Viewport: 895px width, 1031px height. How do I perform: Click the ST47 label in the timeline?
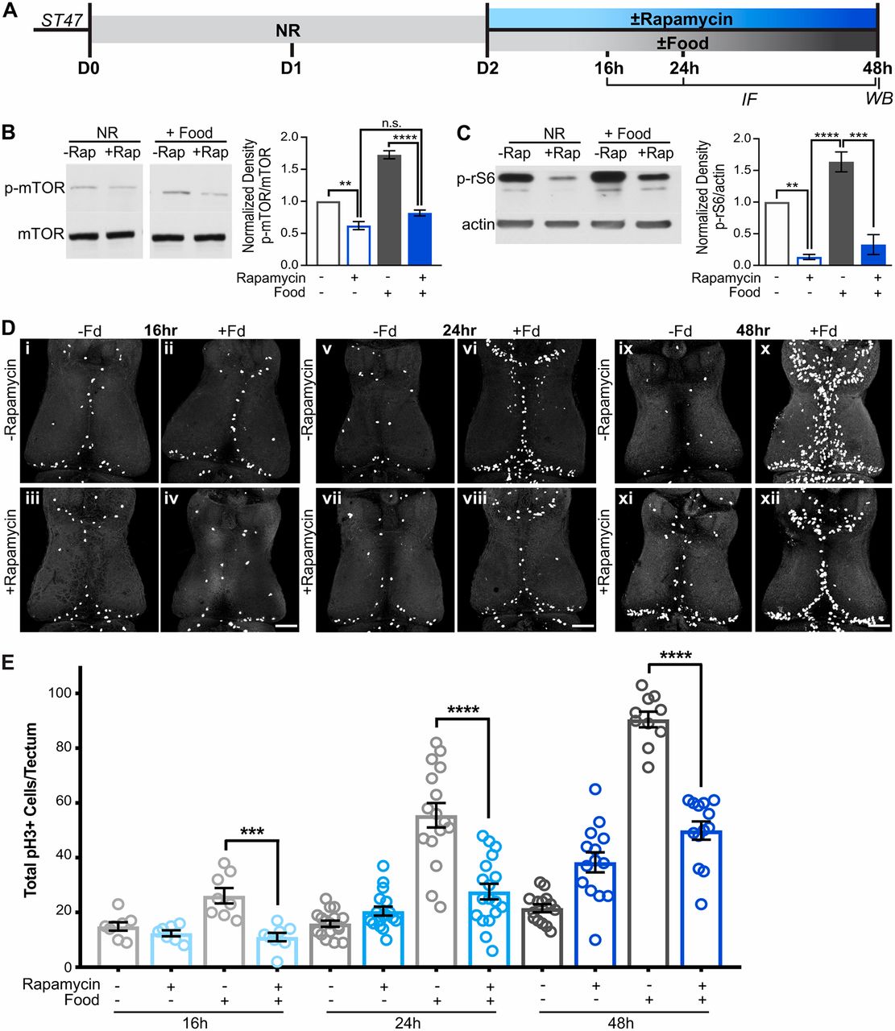click(x=62, y=20)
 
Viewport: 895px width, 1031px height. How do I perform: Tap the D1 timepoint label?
click(x=291, y=68)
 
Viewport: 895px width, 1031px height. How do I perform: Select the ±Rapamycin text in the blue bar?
click(x=682, y=19)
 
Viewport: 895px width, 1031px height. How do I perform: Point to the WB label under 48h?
click(x=878, y=98)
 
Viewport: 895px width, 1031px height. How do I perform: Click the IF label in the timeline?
click(x=749, y=98)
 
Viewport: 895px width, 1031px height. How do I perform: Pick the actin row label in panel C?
click(x=478, y=224)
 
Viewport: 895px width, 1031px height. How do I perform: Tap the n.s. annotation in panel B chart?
click(x=392, y=123)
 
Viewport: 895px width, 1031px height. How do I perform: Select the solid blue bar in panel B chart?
click(x=419, y=238)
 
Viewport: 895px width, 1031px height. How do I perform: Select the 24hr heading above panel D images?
click(x=458, y=330)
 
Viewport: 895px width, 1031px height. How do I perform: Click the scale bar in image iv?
click(x=288, y=624)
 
